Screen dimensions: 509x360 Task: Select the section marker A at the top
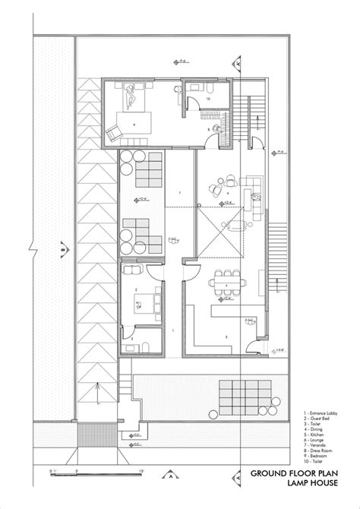coord(239,65)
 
